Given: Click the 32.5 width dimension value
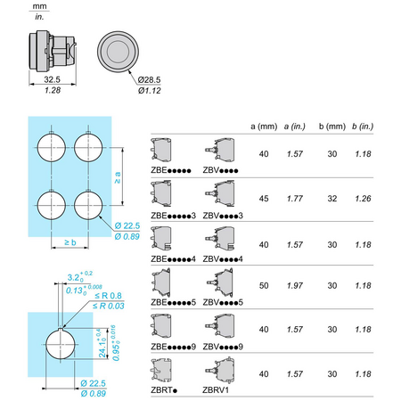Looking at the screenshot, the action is click(x=52, y=79).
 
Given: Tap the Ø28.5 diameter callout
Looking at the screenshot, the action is click(x=149, y=79).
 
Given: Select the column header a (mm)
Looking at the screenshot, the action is click(x=264, y=127).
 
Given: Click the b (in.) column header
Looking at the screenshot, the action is click(x=363, y=127).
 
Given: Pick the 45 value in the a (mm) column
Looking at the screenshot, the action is click(x=264, y=199).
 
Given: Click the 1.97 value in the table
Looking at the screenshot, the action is click(x=295, y=286).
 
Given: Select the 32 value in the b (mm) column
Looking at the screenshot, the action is click(x=332, y=199).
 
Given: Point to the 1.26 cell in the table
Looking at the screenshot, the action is click(x=363, y=199).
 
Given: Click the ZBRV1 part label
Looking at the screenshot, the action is click(x=216, y=390).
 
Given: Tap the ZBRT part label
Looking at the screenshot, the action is click(x=164, y=390).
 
